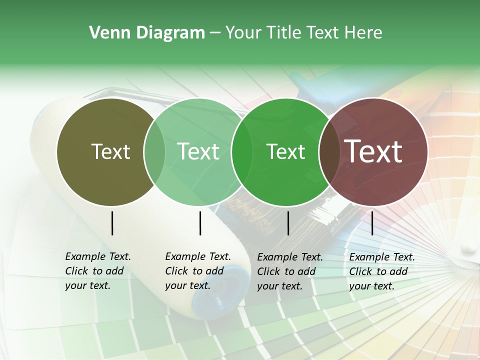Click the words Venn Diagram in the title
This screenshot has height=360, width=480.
pyautogui.click(x=147, y=33)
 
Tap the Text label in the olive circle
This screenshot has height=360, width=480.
pyautogui.click(x=110, y=151)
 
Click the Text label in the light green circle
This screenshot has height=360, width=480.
pyautogui.click(x=198, y=151)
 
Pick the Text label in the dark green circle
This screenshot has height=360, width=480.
pyautogui.click(x=285, y=151)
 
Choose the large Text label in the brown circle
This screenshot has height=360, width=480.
pyautogui.click(x=373, y=151)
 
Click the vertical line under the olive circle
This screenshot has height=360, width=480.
pyautogui.click(x=112, y=223)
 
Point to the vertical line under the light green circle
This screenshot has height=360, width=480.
pyautogui.click(x=200, y=223)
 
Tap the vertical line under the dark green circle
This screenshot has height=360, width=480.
pyautogui.click(x=288, y=223)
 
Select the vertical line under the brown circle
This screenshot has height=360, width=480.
pyautogui.click(x=372, y=223)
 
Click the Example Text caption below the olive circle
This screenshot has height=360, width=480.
pyautogui.click(x=98, y=271)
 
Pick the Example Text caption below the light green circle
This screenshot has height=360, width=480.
pyautogui.click(x=198, y=271)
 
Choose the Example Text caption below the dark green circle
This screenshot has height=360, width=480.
pyautogui.click(x=290, y=271)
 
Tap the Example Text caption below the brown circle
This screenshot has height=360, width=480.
pyautogui.click(x=382, y=271)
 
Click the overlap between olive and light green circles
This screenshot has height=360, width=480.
pyautogui.click(x=154, y=151)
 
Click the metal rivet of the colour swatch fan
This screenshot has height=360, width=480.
pyautogui.click(x=468, y=246)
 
